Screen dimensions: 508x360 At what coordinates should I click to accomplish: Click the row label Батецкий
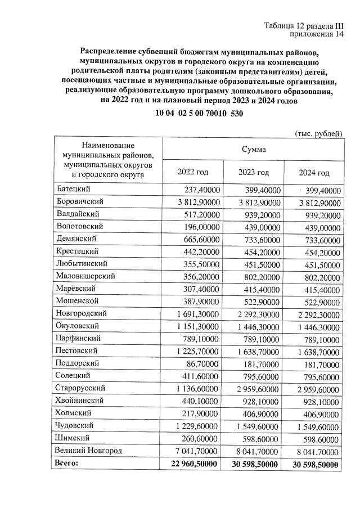point(74,189)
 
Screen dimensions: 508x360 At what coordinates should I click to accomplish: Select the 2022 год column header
point(193,172)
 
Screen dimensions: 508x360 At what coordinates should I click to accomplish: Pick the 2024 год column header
point(314,173)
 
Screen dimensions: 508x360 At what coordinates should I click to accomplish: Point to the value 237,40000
point(201,190)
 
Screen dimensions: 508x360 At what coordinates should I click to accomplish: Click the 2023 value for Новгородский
point(255,313)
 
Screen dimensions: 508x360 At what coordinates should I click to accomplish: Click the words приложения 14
point(316,35)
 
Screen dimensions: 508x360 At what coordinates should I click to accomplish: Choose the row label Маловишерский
point(85,276)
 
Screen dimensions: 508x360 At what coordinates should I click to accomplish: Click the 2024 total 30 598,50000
point(316,464)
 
